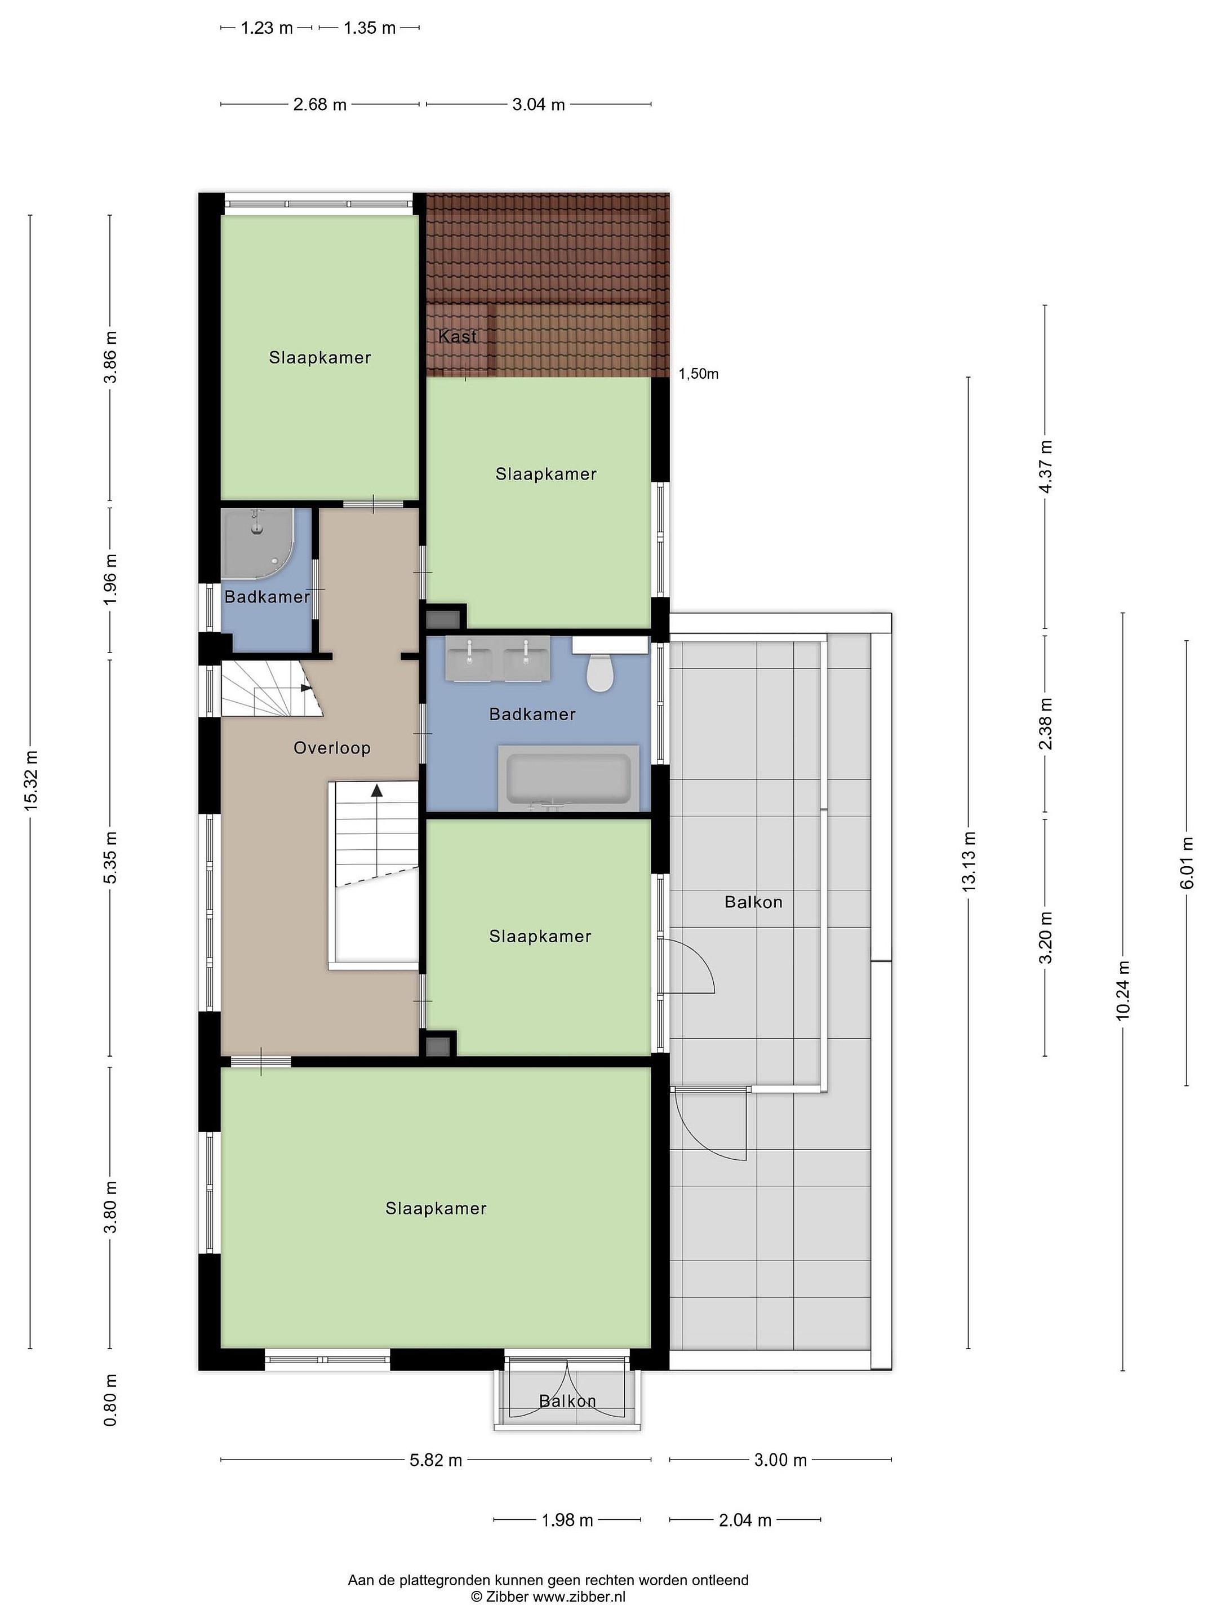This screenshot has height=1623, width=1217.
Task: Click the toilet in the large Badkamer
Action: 599,672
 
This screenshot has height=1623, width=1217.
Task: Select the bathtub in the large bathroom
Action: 568,778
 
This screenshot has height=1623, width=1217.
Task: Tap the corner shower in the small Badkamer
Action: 258,543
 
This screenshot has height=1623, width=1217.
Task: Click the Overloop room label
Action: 331,748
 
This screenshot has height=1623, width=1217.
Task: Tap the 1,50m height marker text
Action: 698,374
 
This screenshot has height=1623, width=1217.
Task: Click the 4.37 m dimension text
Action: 1045,467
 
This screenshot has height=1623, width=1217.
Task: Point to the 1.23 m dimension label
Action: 267,28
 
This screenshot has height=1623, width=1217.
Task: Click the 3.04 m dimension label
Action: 539,104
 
